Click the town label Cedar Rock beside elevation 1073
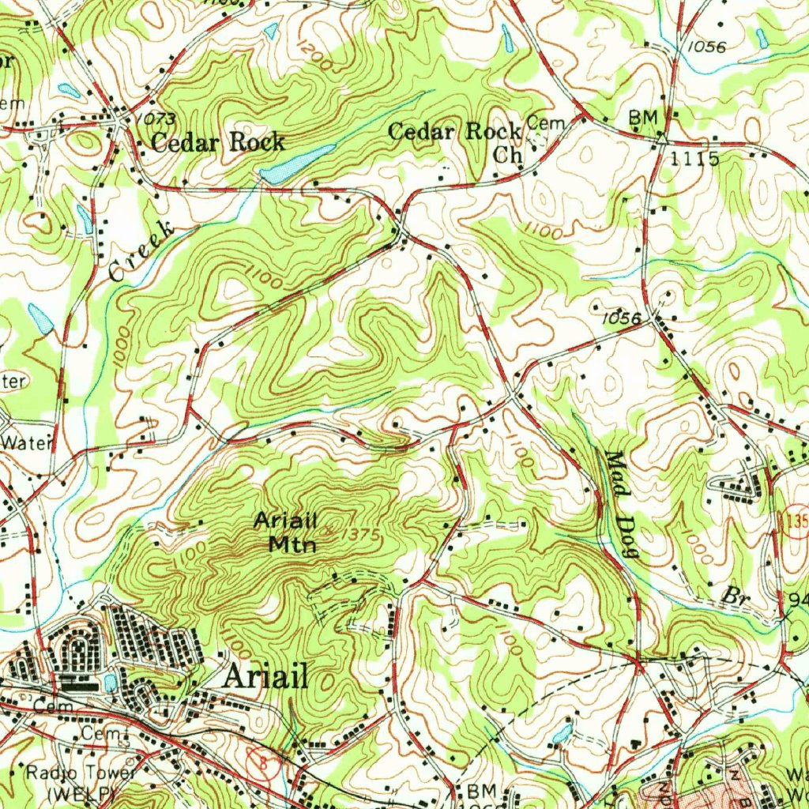click(217, 142)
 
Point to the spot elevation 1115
click(694, 159)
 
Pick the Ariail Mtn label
click(285, 532)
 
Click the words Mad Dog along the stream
click(621, 504)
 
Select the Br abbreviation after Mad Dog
click(738, 595)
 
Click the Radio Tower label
click(82, 772)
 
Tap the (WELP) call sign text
click(82, 792)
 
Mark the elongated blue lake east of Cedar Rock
click(298, 164)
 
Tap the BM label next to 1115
click(642, 118)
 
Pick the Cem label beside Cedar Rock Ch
click(542, 122)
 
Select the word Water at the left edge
click(25, 442)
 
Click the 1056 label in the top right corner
click(706, 47)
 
